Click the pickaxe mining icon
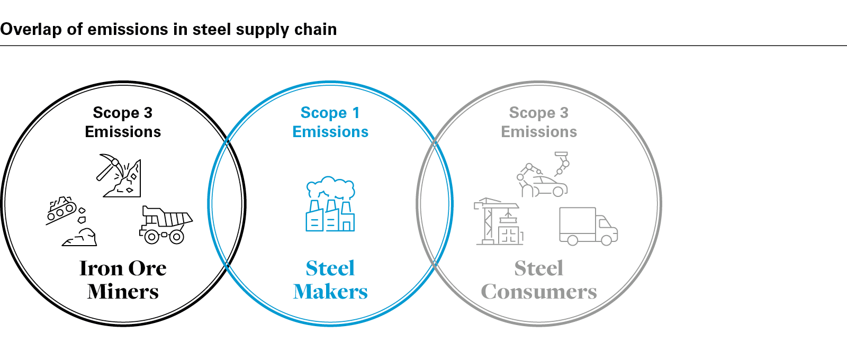[x=119, y=175]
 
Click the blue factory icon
[x=330, y=215]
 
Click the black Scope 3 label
[x=123, y=113]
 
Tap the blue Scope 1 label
[x=330, y=113]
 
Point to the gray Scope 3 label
[x=538, y=113]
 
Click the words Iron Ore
[x=123, y=268]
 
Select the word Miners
[x=123, y=292]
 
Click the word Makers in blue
[x=330, y=292]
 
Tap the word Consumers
[x=538, y=292]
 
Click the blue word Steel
[x=330, y=268]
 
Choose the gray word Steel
[x=538, y=268]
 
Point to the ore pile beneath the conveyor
[x=80, y=238]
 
